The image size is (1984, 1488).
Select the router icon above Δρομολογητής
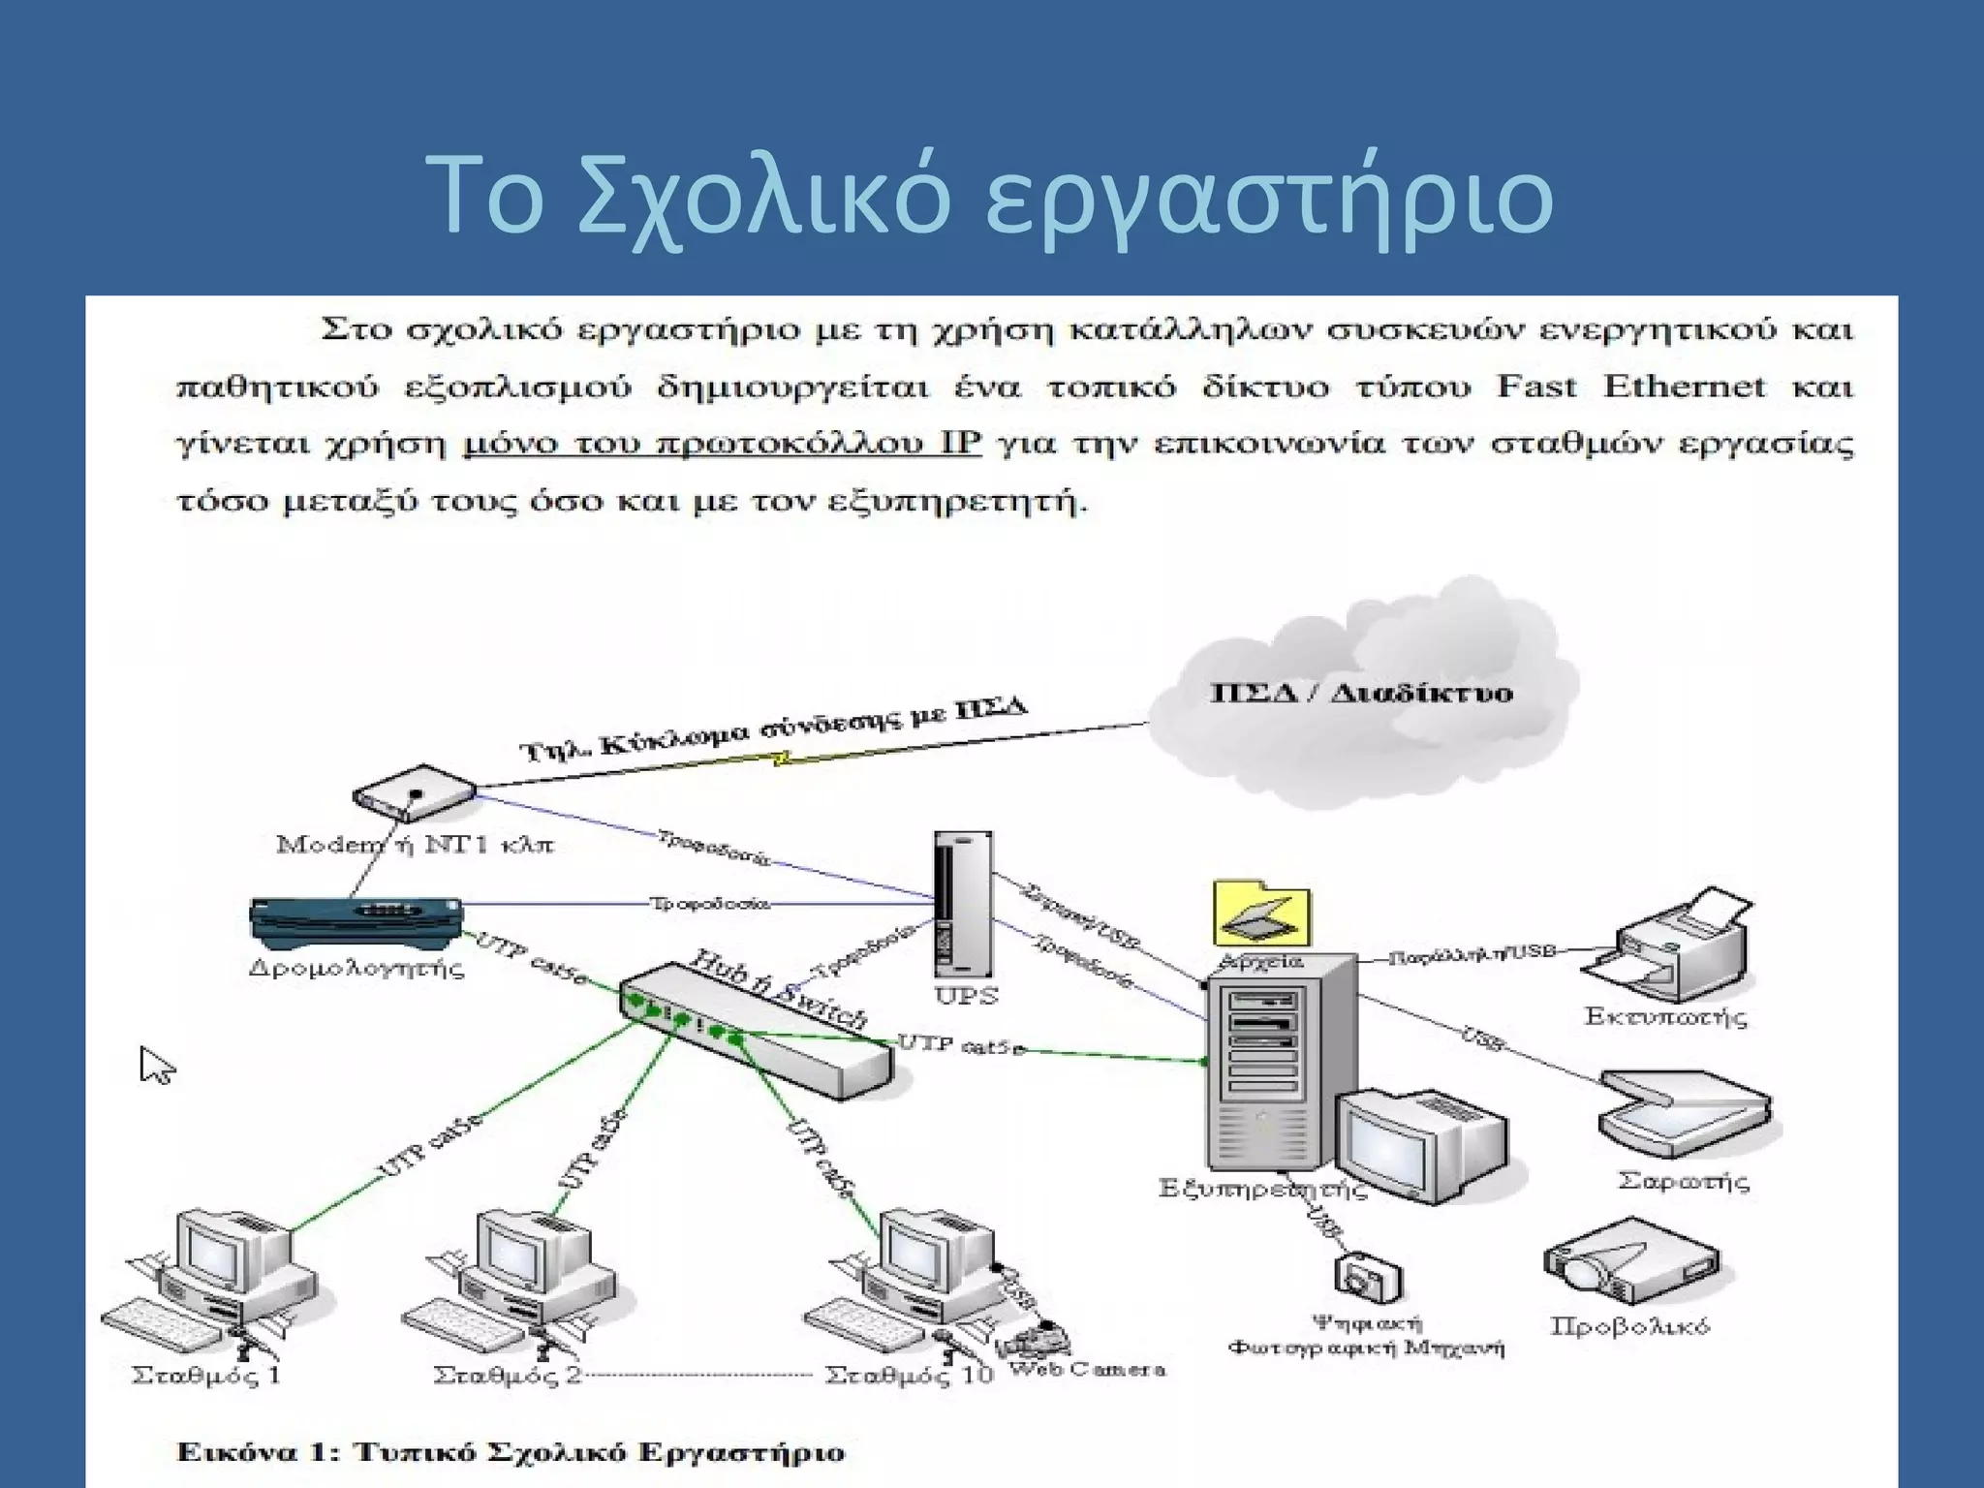pyautogui.click(x=356, y=920)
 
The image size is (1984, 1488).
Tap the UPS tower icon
pyautogui.click(x=962, y=905)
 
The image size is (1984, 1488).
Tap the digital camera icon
pyautogui.click(x=1368, y=1280)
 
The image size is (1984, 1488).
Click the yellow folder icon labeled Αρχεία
pyautogui.click(x=1261, y=914)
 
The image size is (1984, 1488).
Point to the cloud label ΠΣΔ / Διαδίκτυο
pyautogui.click(x=1361, y=694)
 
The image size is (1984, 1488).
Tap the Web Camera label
pyautogui.click(x=1086, y=1370)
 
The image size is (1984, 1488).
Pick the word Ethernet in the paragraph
pyautogui.click(x=1684, y=387)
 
